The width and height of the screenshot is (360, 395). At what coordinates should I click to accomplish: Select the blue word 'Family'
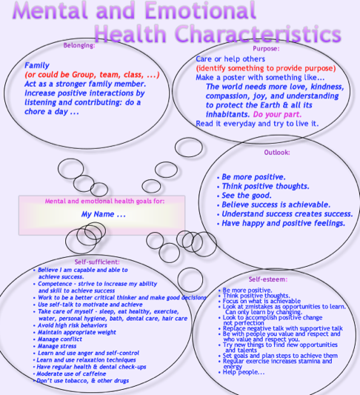(37, 65)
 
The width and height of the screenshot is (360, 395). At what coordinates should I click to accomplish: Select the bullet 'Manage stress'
(56, 346)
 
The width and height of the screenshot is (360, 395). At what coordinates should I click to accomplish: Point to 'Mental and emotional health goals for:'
(104, 201)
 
